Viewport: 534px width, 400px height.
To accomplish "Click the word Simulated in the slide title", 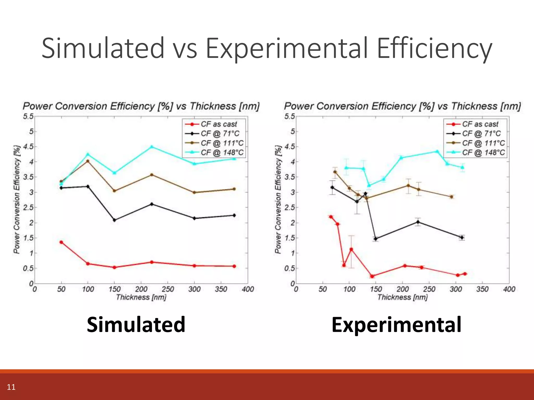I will pos(103,48).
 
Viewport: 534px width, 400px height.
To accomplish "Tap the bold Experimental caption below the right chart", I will pos(396,325).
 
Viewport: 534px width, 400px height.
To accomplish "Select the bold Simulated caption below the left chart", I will pos(136,325).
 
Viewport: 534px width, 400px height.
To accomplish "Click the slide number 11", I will pos(11,387).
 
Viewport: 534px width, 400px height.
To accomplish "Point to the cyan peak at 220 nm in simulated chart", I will pos(151,147).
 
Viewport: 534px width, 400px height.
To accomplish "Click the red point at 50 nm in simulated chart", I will pos(61,242).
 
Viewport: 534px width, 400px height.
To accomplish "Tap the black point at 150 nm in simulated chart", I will pos(114,220).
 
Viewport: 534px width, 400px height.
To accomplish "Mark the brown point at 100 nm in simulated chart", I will pos(88,161).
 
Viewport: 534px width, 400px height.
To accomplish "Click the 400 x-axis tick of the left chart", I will pos(248,289).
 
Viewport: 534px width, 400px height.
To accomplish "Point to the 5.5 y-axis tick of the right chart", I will pos(290,116).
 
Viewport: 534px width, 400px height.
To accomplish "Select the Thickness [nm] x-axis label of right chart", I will pos(402,297).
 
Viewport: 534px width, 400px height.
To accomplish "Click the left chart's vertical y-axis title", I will pos(17,199).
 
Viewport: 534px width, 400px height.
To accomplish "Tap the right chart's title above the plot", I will pos(402,106).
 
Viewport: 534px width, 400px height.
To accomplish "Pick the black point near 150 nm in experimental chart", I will pos(375,239).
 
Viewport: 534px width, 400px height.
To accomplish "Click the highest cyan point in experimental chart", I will pos(437,151).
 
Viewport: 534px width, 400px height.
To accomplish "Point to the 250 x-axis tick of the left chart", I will pos(168,289).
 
